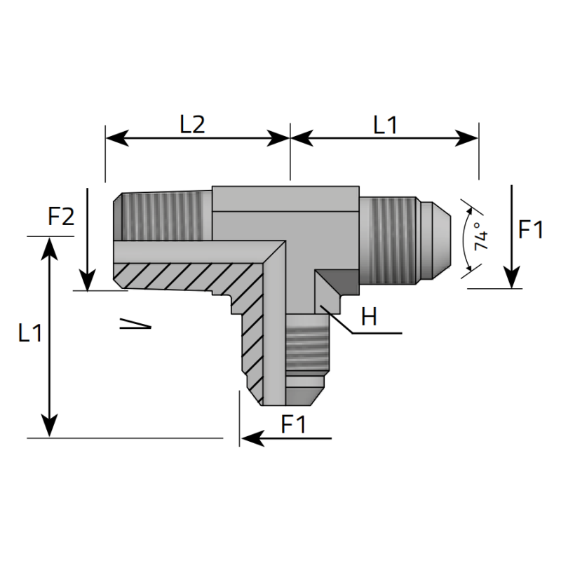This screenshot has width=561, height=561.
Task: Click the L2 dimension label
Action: [x=191, y=124]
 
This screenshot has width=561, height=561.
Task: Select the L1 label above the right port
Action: [x=385, y=125]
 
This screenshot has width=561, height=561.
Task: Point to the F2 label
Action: [x=61, y=217]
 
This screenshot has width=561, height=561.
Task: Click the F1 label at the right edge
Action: [x=530, y=230]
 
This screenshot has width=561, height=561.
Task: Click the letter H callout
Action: [x=369, y=318]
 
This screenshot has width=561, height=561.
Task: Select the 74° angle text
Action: [x=480, y=237]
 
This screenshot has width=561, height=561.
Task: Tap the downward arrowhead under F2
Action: [x=88, y=280]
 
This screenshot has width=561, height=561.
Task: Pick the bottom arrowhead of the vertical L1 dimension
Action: [x=49, y=425]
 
